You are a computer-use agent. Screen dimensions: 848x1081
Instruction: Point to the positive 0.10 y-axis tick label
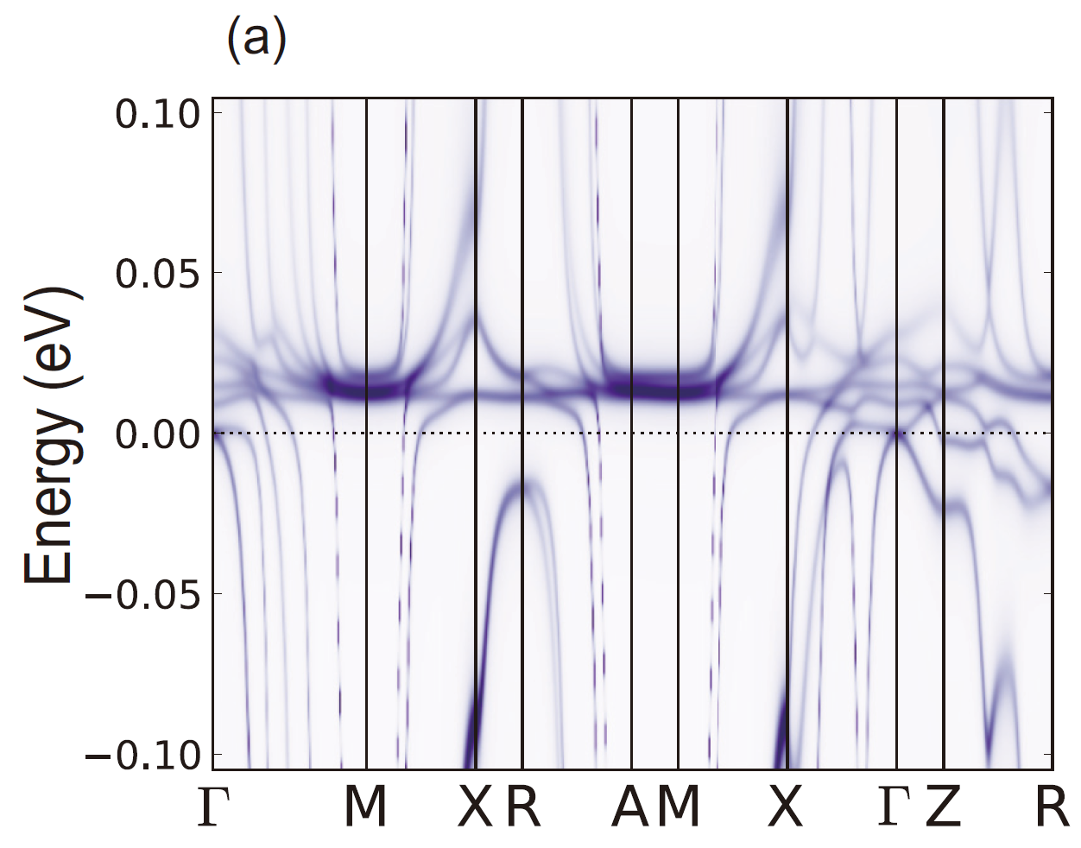(x=158, y=113)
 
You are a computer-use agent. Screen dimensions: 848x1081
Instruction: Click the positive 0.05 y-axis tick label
(x=158, y=274)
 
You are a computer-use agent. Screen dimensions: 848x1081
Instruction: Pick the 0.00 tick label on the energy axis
(x=158, y=433)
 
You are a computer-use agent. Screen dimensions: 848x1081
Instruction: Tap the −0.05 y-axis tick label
(x=146, y=594)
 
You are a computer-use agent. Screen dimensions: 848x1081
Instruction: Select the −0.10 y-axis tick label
(x=146, y=755)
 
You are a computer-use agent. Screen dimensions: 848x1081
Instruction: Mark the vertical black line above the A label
(x=631, y=259)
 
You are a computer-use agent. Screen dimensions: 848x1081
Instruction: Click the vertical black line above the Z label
(x=944, y=259)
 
